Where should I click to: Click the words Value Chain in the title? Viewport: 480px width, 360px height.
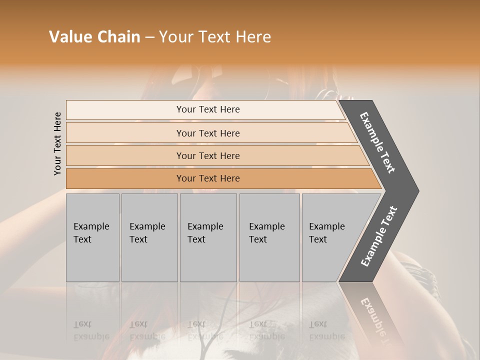pyautogui.click(x=94, y=37)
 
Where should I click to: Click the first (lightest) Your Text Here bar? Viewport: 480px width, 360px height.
pyautogui.click(x=208, y=109)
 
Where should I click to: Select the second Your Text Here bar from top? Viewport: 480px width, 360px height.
pyautogui.click(x=208, y=133)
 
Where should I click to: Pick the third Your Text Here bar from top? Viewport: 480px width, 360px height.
pyautogui.click(x=208, y=155)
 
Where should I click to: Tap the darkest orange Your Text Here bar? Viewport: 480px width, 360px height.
pyautogui.click(x=208, y=178)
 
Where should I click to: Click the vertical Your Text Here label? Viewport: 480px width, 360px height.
pyautogui.click(x=57, y=143)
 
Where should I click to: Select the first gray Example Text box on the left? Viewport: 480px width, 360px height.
pyautogui.click(x=92, y=237)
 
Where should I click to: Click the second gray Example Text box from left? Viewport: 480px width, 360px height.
pyautogui.click(x=149, y=237)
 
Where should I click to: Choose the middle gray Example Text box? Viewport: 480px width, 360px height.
pyautogui.click(x=208, y=237)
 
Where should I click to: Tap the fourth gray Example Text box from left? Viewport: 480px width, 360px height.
pyautogui.click(x=269, y=237)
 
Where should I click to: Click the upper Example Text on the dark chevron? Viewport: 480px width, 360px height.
pyautogui.click(x=377, y=142)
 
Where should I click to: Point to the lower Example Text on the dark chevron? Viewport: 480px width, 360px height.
pyautogui.click(x=379, y=236)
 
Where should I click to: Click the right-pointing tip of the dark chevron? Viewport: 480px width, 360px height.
pyautogui.click(x=416, y=190)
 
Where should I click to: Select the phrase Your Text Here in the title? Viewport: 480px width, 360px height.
pyautogui.click(x=215, y=37)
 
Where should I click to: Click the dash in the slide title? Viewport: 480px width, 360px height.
pyautogui.click(x=149, y=37)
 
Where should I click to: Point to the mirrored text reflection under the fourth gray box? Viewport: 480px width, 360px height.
pyautogui.click(x=266, y=330)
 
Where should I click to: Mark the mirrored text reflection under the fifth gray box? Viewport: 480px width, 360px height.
pyautogui.click(x=326, y=330)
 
